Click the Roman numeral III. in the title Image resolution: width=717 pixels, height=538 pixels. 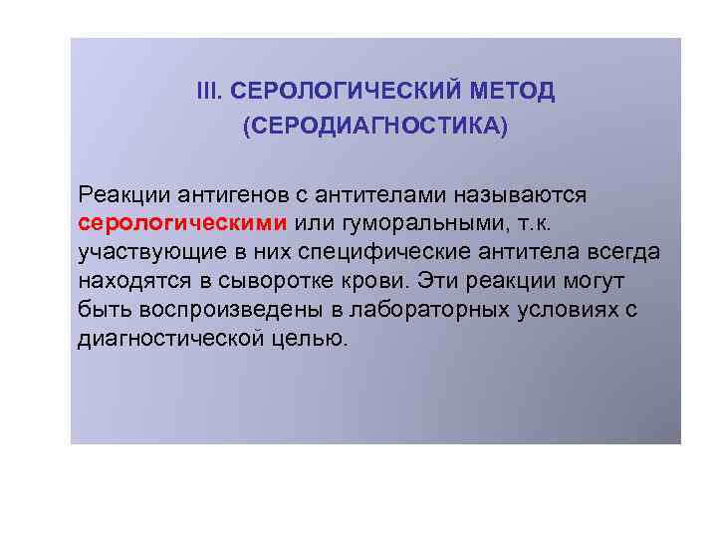(209, 93)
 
